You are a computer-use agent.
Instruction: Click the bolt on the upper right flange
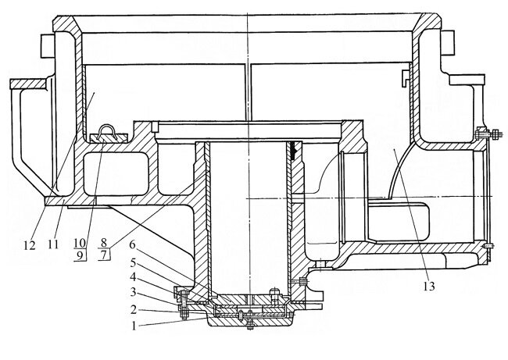tap(483, 135)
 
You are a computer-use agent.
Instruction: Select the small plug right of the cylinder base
tap(302, 281)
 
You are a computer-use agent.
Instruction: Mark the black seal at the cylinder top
tap(295, 149)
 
